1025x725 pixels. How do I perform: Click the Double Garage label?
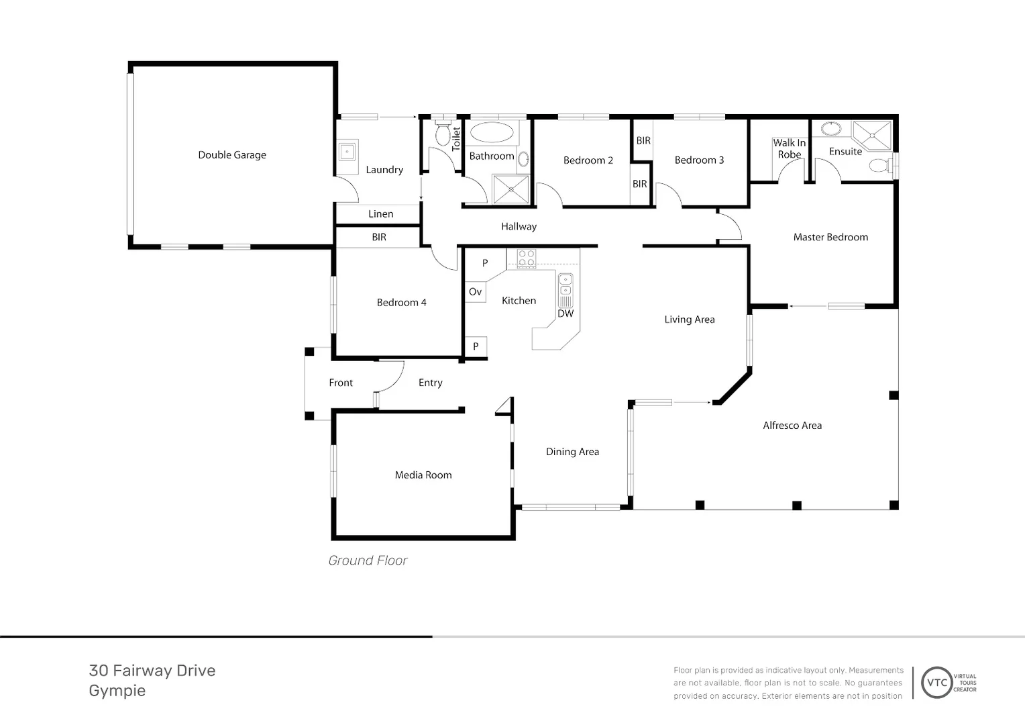[x=232, y=155]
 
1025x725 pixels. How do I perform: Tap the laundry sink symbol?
[x=347, y=152]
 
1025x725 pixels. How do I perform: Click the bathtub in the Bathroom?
[x=492, y=132]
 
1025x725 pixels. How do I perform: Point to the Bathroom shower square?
[x=510, y=189]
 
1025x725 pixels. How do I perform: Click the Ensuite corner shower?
[x=873, y=135]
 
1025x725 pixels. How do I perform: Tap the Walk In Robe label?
[x=790, y=149]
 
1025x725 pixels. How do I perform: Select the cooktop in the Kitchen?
[x=526, y=258]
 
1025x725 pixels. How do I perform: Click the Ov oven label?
[x=475, y=291]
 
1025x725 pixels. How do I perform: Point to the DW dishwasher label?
[x=565, y=313]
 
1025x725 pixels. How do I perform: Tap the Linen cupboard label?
[x=381, y=214]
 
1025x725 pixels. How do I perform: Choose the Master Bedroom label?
[x=830, y=237]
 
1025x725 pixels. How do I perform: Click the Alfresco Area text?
[x=792, y=426]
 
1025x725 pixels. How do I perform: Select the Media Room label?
[x=423, y=475]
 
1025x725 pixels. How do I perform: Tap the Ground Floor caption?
[x=368, y=560]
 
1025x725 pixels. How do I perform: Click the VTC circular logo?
[x=936, y=683]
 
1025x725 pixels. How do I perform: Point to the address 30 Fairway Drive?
[x=152, y=671]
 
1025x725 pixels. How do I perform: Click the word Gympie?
[x=117, y=691]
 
